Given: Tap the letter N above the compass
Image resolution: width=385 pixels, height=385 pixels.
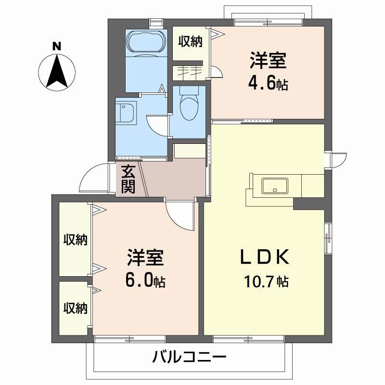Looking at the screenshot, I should (57, 47).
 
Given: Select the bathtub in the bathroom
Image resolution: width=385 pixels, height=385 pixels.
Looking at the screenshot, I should (145, 44).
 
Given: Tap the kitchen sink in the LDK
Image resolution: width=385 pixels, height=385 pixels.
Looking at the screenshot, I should (274, 185).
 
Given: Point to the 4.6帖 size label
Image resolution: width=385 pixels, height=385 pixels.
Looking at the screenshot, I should (268, 84).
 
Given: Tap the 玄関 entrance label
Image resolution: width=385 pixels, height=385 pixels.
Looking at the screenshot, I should (128, 179).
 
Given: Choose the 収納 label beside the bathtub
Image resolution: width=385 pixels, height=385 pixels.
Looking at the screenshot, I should (191, 42).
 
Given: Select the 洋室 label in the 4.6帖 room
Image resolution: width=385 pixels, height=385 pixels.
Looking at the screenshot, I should (268, 61).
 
